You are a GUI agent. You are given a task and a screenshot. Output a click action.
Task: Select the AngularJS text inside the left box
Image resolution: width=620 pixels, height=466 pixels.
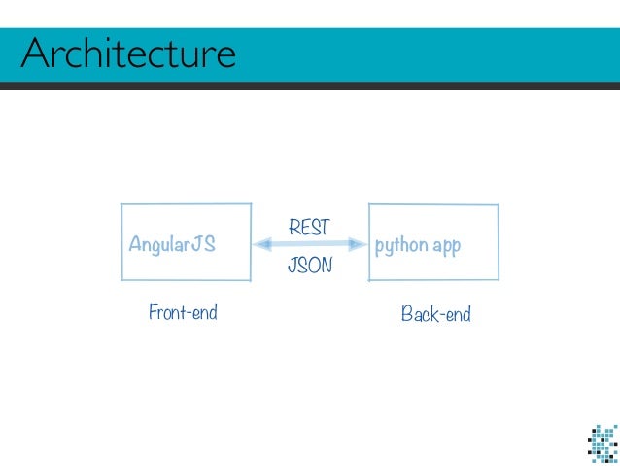pos(172,245)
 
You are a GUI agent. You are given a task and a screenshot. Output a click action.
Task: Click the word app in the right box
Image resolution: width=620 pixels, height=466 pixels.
pos(446,246)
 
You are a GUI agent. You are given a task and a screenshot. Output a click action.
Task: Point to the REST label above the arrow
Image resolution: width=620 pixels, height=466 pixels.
pos(309,227)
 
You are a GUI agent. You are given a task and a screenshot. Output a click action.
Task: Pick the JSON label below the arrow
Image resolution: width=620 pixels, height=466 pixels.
pos(310,265)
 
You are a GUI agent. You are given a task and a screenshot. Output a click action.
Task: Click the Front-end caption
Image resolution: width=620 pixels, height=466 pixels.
pos(183,312)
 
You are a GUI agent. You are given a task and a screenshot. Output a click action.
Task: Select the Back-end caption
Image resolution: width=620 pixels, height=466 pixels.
pos(435,314)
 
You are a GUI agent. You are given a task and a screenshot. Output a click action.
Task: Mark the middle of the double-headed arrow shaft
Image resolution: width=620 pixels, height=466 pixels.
pos(310,245)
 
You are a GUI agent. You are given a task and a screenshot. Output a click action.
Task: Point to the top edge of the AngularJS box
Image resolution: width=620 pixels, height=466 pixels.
pos(186,203)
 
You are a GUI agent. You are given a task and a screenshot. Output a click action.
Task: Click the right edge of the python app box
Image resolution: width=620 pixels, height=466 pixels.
pos(499,242)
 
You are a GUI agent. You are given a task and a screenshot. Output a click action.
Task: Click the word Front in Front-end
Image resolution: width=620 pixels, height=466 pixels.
pos(165,312)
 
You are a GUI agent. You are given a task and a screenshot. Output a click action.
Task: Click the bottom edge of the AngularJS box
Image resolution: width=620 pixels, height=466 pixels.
pos(186,280)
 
